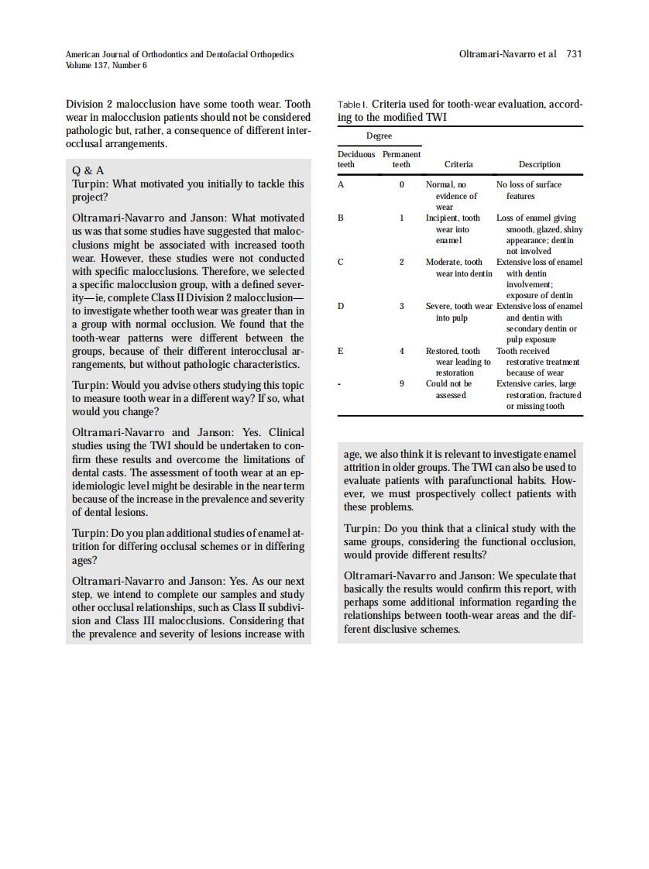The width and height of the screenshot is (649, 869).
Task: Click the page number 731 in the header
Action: point(574,54)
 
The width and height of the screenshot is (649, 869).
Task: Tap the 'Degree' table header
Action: point(379,136)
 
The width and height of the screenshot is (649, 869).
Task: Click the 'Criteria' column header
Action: point(458,164)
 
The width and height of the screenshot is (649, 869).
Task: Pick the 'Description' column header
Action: point(539,164)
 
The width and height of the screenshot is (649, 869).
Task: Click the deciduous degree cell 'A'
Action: point(342,185)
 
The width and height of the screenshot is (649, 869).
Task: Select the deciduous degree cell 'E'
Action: point(342,351)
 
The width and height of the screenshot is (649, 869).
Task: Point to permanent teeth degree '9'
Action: point(402,383)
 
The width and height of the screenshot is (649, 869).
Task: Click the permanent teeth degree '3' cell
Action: point(402,307)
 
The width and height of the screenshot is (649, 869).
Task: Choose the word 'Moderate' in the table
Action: point(444,263)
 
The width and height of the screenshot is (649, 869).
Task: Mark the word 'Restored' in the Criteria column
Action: point(443,351)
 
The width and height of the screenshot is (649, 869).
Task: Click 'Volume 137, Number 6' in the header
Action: point(106,65)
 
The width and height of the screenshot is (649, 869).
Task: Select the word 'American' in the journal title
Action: point(83,54)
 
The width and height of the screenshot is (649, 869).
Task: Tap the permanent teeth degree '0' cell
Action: point(402,185)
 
